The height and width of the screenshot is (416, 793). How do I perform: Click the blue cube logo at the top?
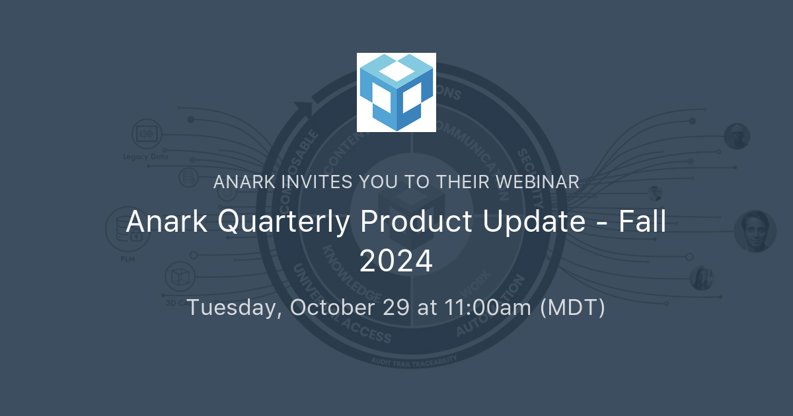[x=396, y=92]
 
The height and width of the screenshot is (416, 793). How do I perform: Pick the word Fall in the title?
[x=642, y=221]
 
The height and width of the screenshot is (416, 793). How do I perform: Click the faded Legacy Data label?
[x=145, y=157]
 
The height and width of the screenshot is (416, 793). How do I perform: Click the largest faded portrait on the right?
[x=755, y=231]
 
